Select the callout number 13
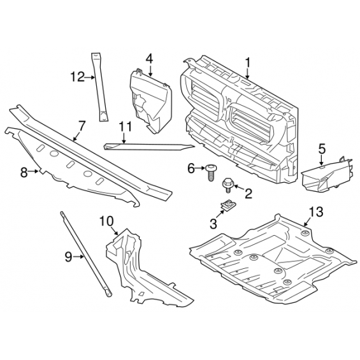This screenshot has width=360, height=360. pyautogui.click(x=316, y=212)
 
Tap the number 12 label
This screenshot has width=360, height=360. pyautogui.click(x=78, y=77)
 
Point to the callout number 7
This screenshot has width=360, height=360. pyautogui.click(x=82, y=126)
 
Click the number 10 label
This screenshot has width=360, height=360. pyautogui.click(x=106, y=222)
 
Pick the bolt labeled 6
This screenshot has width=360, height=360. pyautogui.click(x=210, y=172)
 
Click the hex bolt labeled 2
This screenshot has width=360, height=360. pyautogui.click(x=227, y=185)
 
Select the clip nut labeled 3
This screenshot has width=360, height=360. pyautogui.click(x=229, y=205)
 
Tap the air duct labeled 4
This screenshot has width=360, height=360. pyautogui.click(x=151, y=101)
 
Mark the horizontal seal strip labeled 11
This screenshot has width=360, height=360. pyautogui.click(x=148, y=147)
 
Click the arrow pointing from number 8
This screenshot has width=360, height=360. pyautogui.click(x=34, y=171)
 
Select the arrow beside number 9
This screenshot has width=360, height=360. pyautogui.click(x=79, y=257)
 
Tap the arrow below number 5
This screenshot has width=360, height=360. pyautogui.click(x=321, y=160)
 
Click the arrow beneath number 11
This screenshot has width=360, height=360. pyautogui.click(x=124, y=138)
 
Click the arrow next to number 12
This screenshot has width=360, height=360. pyautogui.click(x=90, y=78)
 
